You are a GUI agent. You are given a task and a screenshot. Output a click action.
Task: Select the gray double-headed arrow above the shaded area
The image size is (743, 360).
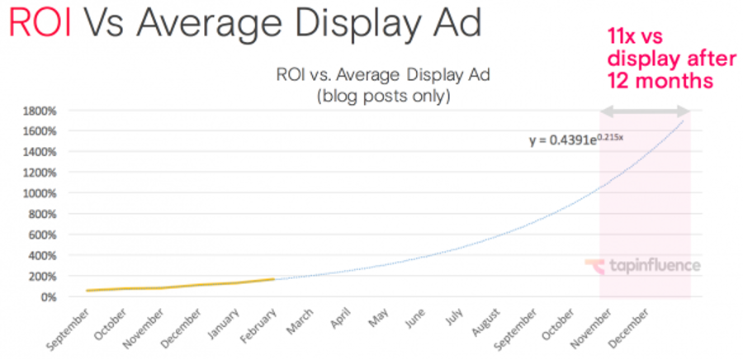click(x=645, y=110)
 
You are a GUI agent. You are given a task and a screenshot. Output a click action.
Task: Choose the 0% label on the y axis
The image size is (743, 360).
click(x=47, y=296)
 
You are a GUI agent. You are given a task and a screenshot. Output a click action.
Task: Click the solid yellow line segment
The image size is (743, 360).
click(x=182, y=286)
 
